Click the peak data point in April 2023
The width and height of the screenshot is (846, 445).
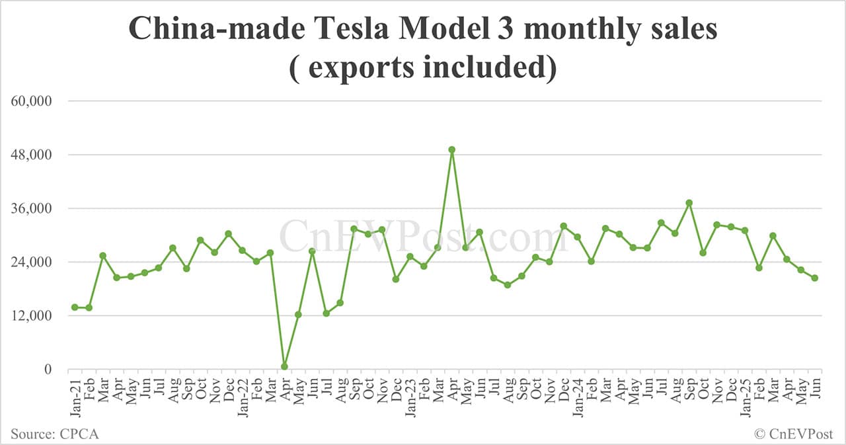(x=451, y=149)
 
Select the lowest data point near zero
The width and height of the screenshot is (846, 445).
(x=284, y=366)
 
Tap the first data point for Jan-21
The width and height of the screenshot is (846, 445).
(x=75, y=307)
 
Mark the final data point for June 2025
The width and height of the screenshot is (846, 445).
(x=815, y=278)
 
